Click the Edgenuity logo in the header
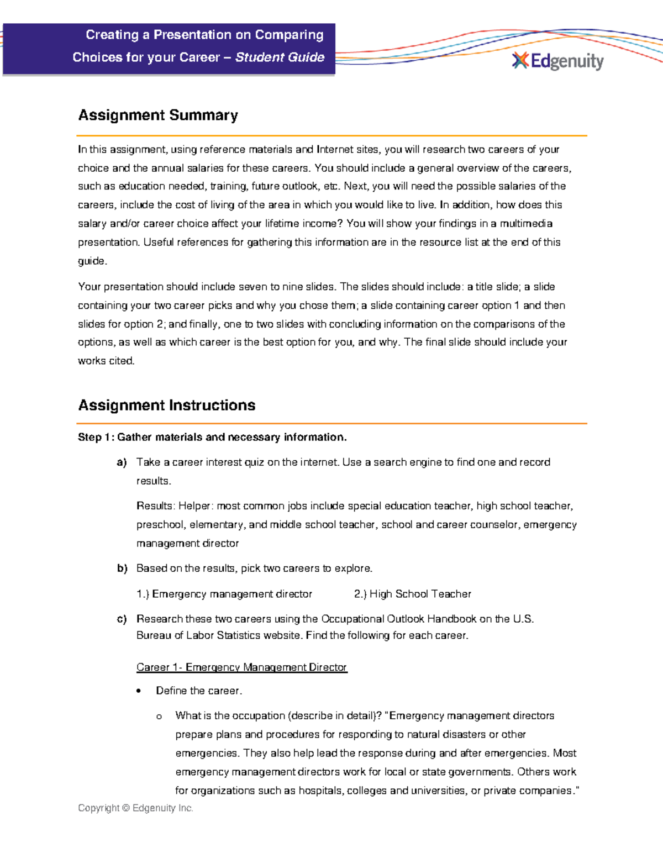558,61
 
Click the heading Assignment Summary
158,115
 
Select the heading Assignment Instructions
166,405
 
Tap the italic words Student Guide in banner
280,57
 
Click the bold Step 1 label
96,437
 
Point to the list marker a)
122,462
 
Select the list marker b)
122,569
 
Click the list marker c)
122,619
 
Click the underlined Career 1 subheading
241,667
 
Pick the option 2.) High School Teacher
412,594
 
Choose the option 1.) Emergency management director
224,594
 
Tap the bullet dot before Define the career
139,691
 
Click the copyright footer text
135,808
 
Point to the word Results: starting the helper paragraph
155,506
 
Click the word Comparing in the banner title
289,35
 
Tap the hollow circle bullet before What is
159,717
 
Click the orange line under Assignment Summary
331,135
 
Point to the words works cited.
106,361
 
